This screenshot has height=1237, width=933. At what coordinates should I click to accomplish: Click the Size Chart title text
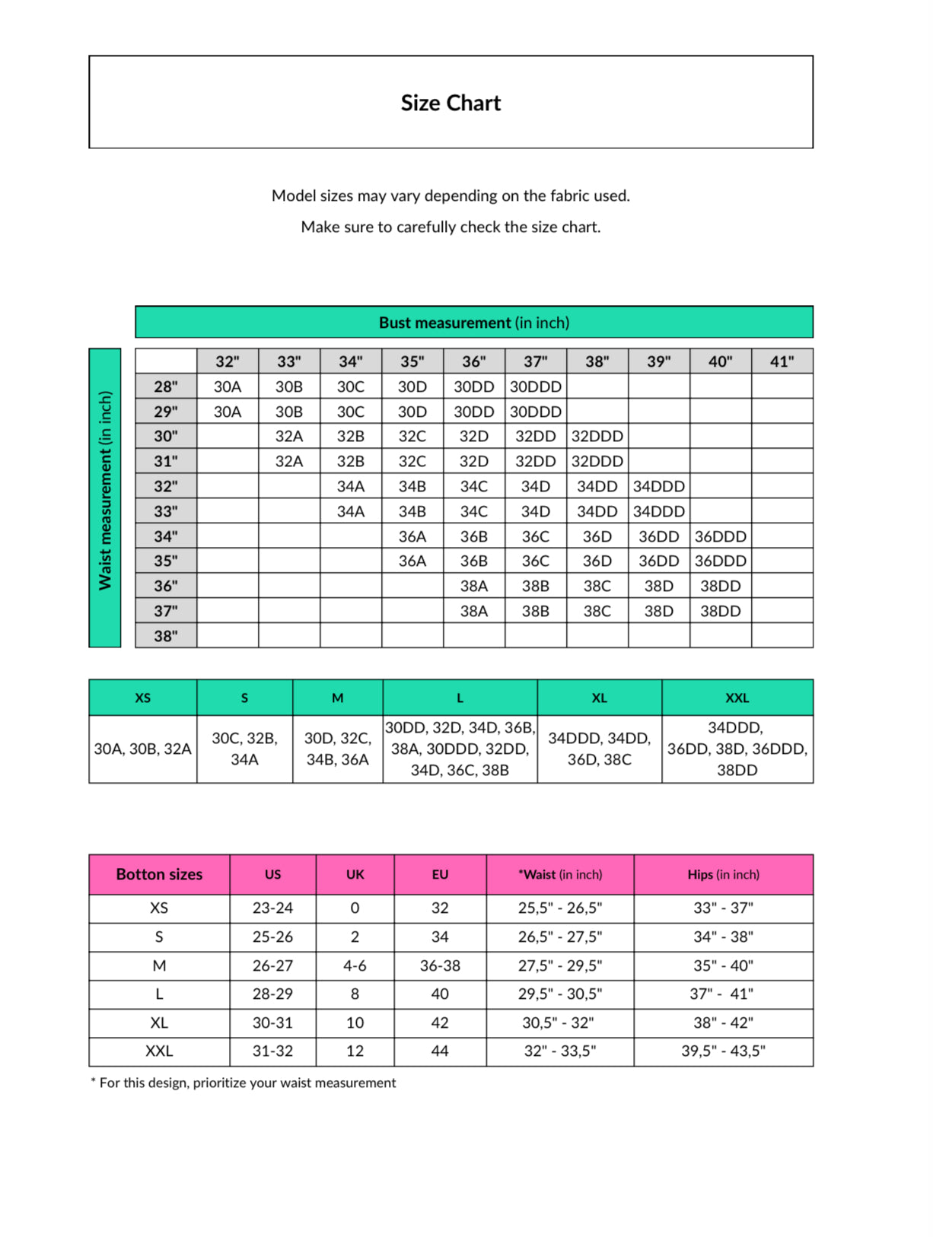(451, 103)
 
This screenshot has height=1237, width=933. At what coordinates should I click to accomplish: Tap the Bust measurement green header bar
(473, 323)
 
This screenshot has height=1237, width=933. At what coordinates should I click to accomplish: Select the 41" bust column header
(782, 361)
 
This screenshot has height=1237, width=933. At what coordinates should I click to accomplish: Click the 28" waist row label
(166, 386)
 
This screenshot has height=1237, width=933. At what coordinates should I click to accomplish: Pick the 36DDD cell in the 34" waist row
(720, 536)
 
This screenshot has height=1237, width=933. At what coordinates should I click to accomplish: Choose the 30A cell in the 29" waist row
(228, 412)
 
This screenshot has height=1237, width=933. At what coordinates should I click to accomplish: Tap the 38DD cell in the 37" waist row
(720, 611)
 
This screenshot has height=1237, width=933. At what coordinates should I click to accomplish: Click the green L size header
(460, 698)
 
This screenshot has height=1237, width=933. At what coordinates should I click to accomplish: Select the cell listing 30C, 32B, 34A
(244, 749)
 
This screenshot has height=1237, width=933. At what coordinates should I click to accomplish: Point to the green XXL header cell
(737, 698)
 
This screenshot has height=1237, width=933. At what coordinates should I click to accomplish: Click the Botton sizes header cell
(159, 874)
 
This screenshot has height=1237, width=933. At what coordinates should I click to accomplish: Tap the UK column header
(355, 874)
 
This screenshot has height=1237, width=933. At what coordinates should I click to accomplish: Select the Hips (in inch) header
(723, 874)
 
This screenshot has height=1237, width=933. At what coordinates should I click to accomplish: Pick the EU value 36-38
(440, 965)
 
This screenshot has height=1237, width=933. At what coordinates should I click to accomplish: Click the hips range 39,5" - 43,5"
(723, 1051)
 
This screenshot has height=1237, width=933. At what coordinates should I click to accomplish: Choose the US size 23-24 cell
(272, 908)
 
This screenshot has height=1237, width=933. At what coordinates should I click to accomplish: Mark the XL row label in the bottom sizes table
(159, 1022)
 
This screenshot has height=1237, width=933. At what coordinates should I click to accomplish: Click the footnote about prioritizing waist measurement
(244, 1083)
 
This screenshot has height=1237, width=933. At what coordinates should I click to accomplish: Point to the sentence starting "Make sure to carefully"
(451, 227)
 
